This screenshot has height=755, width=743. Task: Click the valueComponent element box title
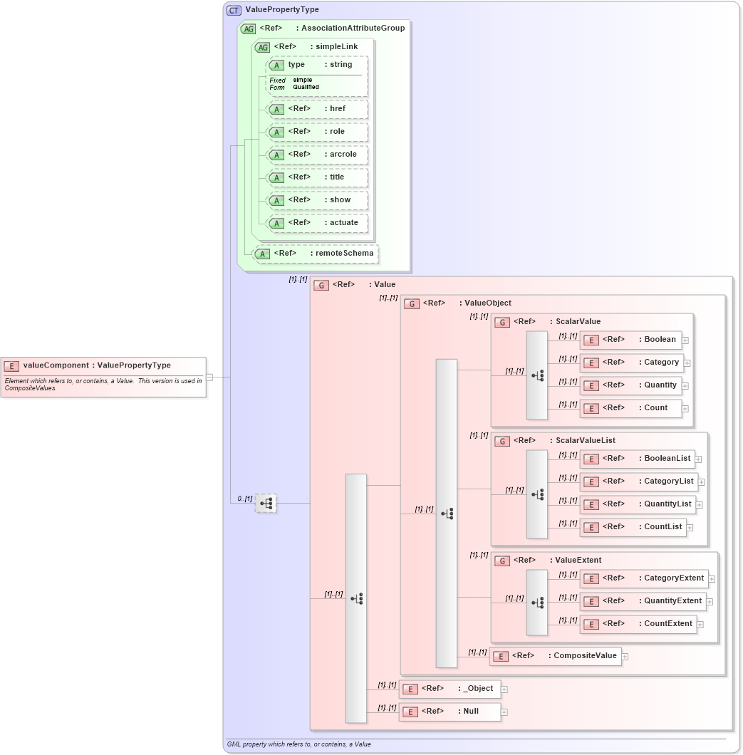coord(97,365)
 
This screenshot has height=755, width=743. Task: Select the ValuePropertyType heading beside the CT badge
coord(282,10)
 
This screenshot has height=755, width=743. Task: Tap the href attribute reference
coord(317,109)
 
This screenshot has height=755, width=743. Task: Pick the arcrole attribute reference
coord(317,155)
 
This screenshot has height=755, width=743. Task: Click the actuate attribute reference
coord(317,223)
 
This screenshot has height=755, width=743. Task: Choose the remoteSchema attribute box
coord(316,254)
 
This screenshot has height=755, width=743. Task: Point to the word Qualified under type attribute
coord(306,88)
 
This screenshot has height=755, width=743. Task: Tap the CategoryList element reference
coord(639,481)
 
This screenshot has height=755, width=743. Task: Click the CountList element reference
coord(633,527)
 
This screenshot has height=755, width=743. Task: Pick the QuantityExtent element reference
coord(643,601)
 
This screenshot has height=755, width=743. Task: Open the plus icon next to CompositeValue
coord(625,657)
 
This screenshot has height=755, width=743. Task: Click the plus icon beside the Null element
coord(504,712)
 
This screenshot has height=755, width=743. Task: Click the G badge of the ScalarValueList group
coord(502,442)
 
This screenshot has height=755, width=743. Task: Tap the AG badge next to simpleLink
coord(262,47)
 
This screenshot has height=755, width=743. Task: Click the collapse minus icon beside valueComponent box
coord(209,377)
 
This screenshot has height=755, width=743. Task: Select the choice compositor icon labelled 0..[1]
coord(266,503)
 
